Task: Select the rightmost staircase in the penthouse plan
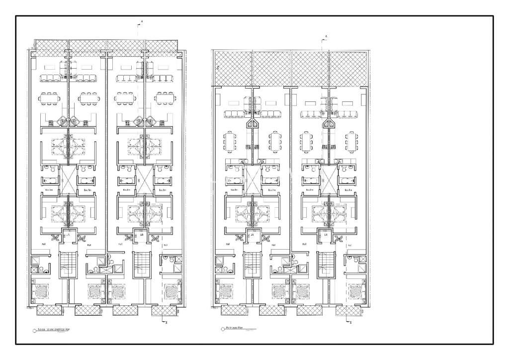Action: pos(327,265)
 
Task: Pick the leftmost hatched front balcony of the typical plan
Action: pos(49,311)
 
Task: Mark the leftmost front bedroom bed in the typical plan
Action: pos(41,290)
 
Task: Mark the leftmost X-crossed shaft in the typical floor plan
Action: pos(68,180)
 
